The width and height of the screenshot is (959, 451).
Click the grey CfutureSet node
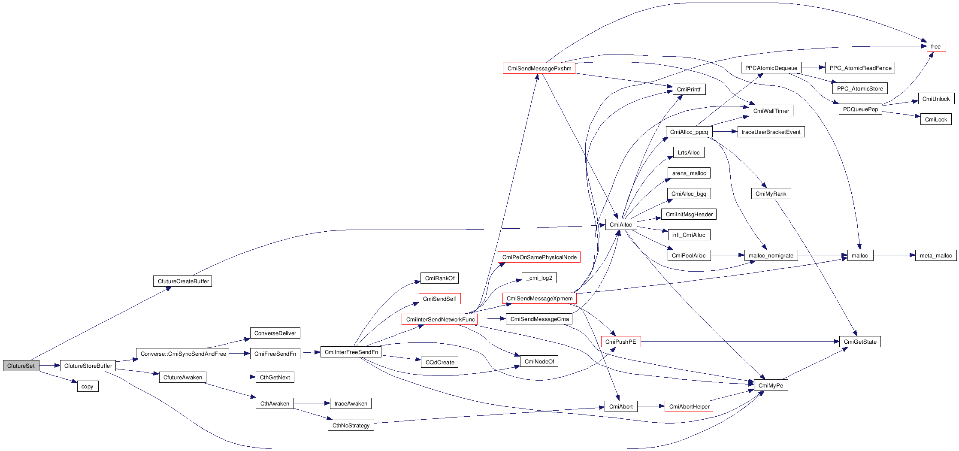click(21, 366)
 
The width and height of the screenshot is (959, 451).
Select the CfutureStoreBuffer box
click(88, 366)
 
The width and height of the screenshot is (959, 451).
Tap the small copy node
click(87, 386)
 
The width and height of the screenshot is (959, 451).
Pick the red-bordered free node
click(936, 46)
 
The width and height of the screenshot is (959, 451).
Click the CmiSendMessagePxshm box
click(539, 68)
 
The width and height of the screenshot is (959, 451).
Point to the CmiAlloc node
click(620, 224)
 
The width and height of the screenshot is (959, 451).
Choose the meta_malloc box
click(935, 255)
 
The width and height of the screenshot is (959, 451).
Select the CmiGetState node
click(860, 342)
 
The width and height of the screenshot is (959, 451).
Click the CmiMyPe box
click(771, 385)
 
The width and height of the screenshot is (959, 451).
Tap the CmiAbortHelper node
click(689, 406)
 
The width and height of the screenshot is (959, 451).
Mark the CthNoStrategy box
click(351, 425)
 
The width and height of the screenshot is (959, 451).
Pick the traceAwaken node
click(351, 403)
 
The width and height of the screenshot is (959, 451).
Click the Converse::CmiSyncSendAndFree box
click(183, 354)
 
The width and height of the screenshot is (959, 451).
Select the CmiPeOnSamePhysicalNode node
click(539, 257)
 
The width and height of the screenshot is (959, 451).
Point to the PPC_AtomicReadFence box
click(860, 68)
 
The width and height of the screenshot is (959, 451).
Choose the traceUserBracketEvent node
click(771, 132)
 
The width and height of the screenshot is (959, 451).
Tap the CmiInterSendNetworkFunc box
click(440, 319)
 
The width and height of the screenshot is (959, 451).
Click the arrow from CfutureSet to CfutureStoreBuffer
click(50, 366)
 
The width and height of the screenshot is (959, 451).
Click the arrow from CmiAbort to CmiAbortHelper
click(651, 406)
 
